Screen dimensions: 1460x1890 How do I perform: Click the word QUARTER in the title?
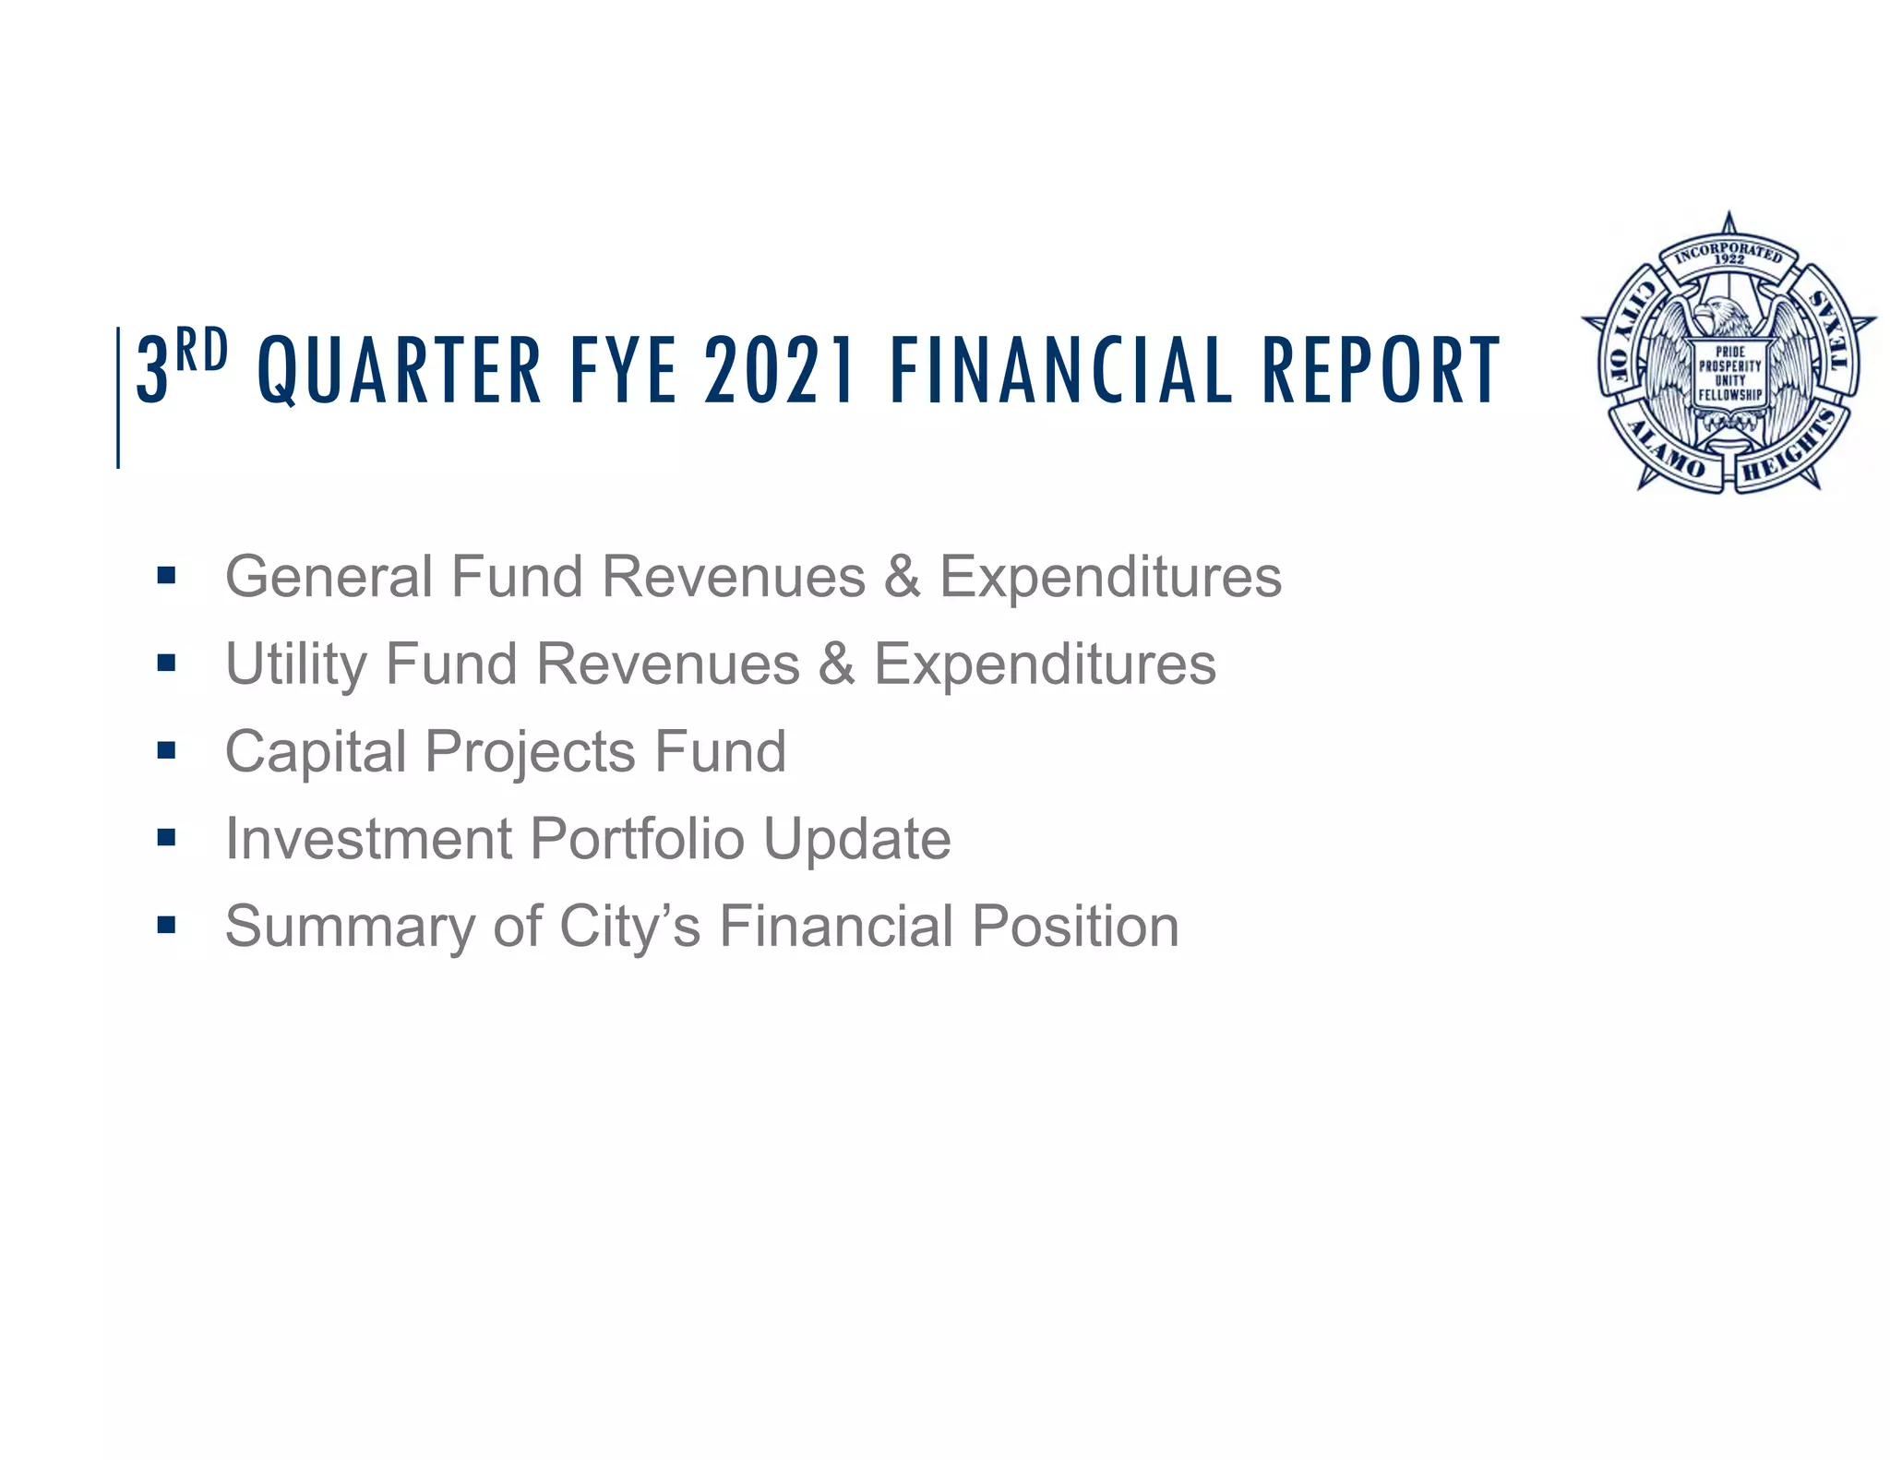click(400, 371)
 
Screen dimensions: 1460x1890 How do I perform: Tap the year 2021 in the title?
click(780, 371)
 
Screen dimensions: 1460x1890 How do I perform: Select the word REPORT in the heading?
click(1381, 371)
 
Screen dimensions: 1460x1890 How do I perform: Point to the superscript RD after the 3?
click(201, 351)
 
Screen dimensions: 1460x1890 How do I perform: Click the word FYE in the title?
click(624, 371)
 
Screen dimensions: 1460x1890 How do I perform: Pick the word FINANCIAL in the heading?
click(1061, 371)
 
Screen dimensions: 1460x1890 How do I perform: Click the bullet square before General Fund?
click(166, 577)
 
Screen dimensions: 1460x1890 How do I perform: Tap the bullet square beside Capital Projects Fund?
click(166, 750)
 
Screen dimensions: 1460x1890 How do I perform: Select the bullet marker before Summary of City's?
click(166, 925)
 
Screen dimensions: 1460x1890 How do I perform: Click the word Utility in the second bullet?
click(295, 664)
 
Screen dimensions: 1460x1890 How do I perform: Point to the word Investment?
click(368, 839)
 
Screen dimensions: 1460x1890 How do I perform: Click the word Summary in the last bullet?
click(350, 927)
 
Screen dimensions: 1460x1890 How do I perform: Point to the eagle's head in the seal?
click(1720, 314)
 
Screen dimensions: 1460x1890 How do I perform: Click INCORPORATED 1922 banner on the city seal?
click(1729, 254)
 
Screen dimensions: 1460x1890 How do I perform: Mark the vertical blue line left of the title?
click(118, 397)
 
